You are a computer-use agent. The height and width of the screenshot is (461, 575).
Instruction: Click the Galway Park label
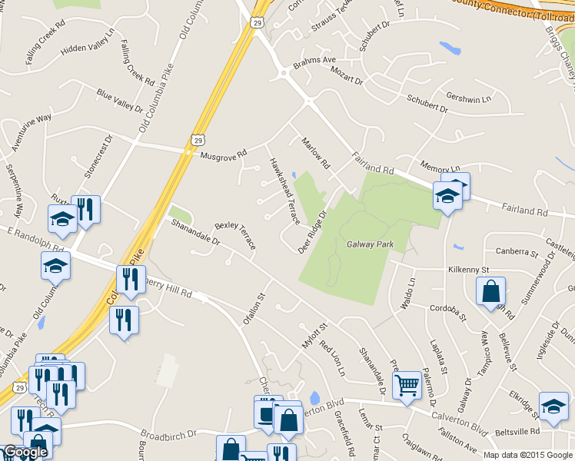(370, 244)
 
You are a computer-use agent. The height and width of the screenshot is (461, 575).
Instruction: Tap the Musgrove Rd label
(223, 154)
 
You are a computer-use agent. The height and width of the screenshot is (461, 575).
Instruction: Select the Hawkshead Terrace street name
(284, 191)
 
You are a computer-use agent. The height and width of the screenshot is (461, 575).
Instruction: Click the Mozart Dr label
(346, 75)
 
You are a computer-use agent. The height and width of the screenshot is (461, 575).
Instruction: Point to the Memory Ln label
(440, 167)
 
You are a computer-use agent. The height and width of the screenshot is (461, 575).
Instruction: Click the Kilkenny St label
(469, 270)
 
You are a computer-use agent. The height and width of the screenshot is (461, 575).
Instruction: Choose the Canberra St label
(517, 251)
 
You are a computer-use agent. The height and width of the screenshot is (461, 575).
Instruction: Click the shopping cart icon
(407, 383)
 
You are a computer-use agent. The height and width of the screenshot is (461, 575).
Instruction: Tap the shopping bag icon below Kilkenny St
(490, 291)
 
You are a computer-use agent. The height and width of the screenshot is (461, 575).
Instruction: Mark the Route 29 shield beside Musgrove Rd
(198, 140)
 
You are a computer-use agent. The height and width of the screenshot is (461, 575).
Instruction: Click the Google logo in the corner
(25, 453)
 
